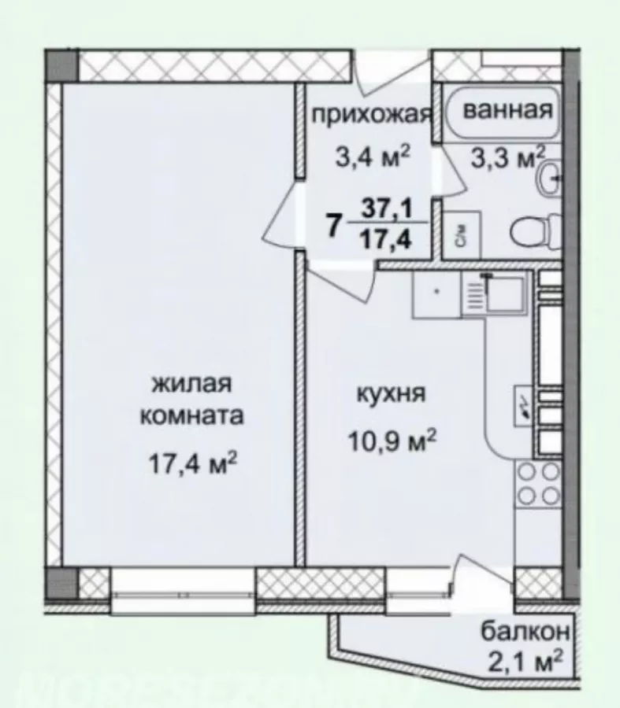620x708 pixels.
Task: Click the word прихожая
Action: [x=372, y=116]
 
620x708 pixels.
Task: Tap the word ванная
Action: [x=508, y=109]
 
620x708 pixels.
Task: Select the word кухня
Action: [x=392, y=394]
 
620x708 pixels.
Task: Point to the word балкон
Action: [x=525, y=631]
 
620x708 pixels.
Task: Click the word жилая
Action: [x=192, y=384]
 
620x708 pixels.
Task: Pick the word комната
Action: [x=191, y=416]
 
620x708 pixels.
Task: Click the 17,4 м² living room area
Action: [x=193, y=463]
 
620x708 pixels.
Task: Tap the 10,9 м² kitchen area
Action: [x=392, y=441]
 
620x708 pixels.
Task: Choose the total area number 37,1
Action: [x=386, y=209]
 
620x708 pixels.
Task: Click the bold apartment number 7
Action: [x=333, y=226]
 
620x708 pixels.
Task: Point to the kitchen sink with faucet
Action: [x=494, y=294]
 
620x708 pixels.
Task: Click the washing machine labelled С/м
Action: [x=461, y=235]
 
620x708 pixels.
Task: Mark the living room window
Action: [x=183, y=591]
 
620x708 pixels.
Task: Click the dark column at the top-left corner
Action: [x=61, y=66]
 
